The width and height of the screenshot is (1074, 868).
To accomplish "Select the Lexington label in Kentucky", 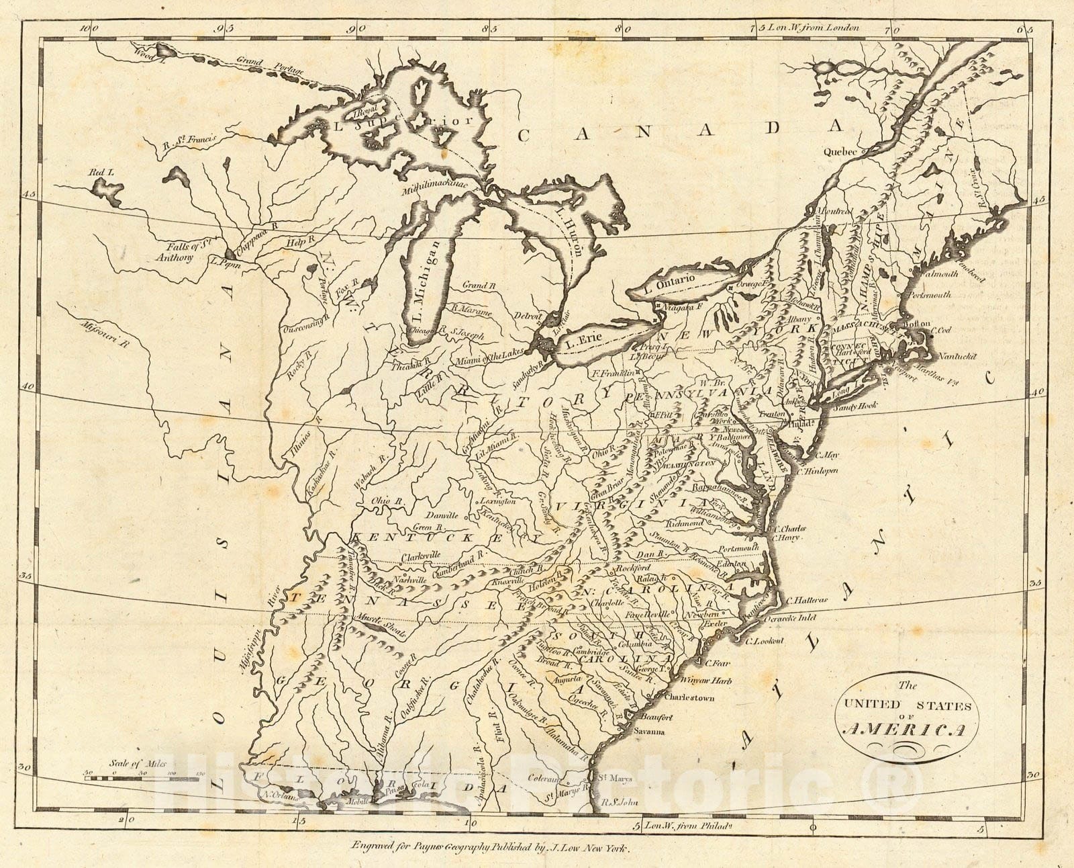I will [x=498, y=501].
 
